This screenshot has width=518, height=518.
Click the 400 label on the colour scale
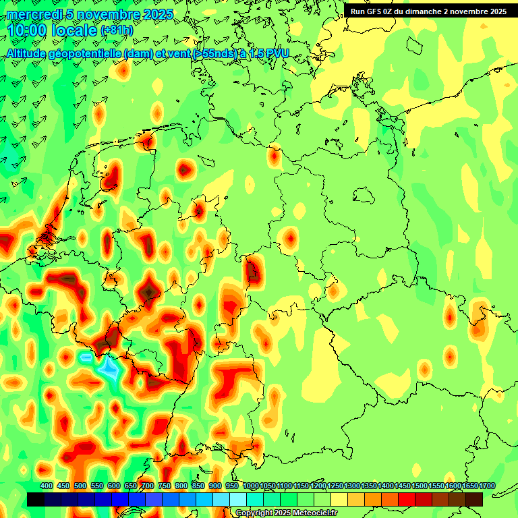pos(47,486)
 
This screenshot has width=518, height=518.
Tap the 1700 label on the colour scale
pos(469,486)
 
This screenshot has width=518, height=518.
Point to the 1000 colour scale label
pos(250,486)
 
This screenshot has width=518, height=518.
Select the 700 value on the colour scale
pos(148,486)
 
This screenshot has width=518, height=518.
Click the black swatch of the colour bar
pos(36,499)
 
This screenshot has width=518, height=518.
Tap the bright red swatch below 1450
pos(407,499)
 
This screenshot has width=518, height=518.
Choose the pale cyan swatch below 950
pos(238,499)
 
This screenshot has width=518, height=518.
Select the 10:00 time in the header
pos(27,30)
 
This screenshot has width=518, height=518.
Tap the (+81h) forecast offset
pos(117,30)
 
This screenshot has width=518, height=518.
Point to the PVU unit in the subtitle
pos(276,53)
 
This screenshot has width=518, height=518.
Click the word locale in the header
pos(74,30)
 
